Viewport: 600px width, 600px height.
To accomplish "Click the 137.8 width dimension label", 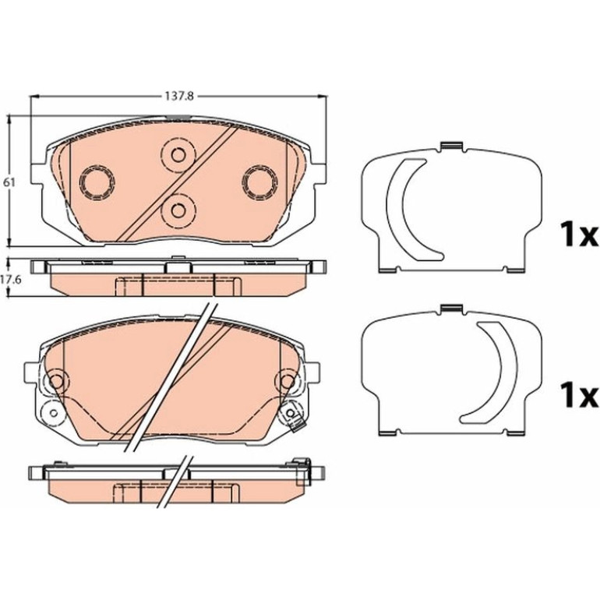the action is pyautogui.click(x=179, y=96).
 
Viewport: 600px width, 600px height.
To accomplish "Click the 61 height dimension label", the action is pyautogui.click(x=9, y=182).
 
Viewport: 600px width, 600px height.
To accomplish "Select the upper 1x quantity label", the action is pyautogui.click(x=578, y=235).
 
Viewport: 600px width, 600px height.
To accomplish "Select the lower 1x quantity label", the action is pyautogui.click(x=578, y=396).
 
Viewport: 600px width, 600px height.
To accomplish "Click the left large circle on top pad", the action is pyautogui.click(x=97, y=182).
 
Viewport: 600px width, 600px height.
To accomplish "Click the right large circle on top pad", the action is pyautogui.click(x=261, y=182).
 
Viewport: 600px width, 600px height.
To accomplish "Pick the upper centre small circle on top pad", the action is pyautogui.click(x=178, y=154).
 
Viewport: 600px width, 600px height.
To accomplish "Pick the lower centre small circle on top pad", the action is pyautogui.click(x=178, y=210).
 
